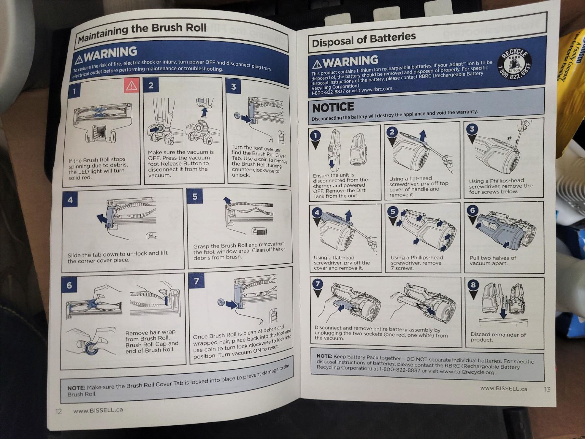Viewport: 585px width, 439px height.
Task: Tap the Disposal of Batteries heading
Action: pos(363,39)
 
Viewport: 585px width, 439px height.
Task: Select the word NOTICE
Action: pos(333,107)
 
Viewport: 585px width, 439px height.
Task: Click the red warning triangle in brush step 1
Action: pos(131,86)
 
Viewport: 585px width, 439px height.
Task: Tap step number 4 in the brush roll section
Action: pos(70,200)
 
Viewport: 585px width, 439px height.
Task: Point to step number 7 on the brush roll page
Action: pos(196,281)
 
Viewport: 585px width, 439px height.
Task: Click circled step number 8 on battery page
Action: pos(473,285)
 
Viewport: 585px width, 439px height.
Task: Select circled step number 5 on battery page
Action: pos(393,211)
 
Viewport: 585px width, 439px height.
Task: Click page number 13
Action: pos(547,389)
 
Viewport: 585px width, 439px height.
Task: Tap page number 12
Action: pos(58,411)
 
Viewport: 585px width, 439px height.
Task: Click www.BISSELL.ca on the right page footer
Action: pos(503,388)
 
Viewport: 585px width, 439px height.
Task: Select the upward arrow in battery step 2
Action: pos(422,135)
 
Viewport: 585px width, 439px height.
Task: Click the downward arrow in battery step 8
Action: pos(503,313)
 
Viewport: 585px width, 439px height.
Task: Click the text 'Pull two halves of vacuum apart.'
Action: pos(492,260)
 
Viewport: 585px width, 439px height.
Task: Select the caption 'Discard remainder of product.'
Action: pos(498,337)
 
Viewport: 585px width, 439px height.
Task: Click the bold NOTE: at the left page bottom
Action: pos(76,388)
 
